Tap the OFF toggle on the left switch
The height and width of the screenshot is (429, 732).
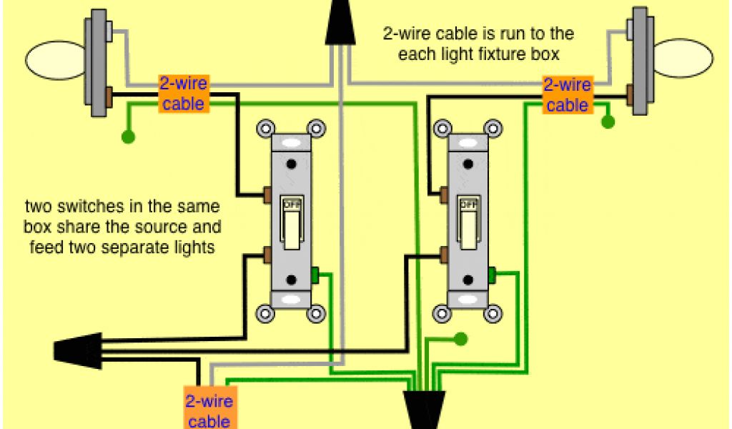292,222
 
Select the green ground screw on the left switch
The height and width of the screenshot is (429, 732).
316,274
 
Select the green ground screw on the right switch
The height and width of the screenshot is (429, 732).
493,274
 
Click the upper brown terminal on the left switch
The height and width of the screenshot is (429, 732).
268,193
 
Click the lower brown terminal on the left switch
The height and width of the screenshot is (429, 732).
268,254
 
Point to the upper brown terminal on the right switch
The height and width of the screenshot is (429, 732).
445,193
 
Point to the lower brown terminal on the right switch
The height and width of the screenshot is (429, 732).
445,254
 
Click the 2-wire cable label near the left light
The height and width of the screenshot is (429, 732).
184,94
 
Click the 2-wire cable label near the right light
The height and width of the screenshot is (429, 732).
567,95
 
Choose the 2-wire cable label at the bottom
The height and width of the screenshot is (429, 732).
208,410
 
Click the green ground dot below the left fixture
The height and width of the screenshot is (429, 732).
129,136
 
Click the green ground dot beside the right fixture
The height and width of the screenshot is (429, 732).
608,122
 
